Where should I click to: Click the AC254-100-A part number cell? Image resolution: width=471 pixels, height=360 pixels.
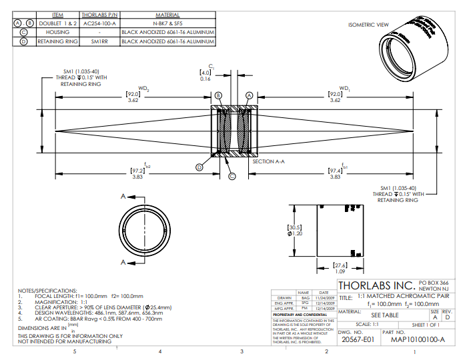pos(99,23)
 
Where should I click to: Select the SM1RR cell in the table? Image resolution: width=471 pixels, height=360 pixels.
pos(99,41)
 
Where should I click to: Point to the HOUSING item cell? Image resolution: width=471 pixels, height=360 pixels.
pos(57,32)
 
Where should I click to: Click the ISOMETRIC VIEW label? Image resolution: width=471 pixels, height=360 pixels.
pos(368,25)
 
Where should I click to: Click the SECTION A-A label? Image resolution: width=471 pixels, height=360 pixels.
pos(269,161)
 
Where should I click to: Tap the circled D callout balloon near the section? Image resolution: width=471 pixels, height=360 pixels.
pos(199,167)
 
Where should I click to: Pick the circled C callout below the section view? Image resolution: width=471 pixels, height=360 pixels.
pos(232,176)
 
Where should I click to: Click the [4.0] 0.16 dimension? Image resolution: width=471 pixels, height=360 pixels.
pos(205,75)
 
